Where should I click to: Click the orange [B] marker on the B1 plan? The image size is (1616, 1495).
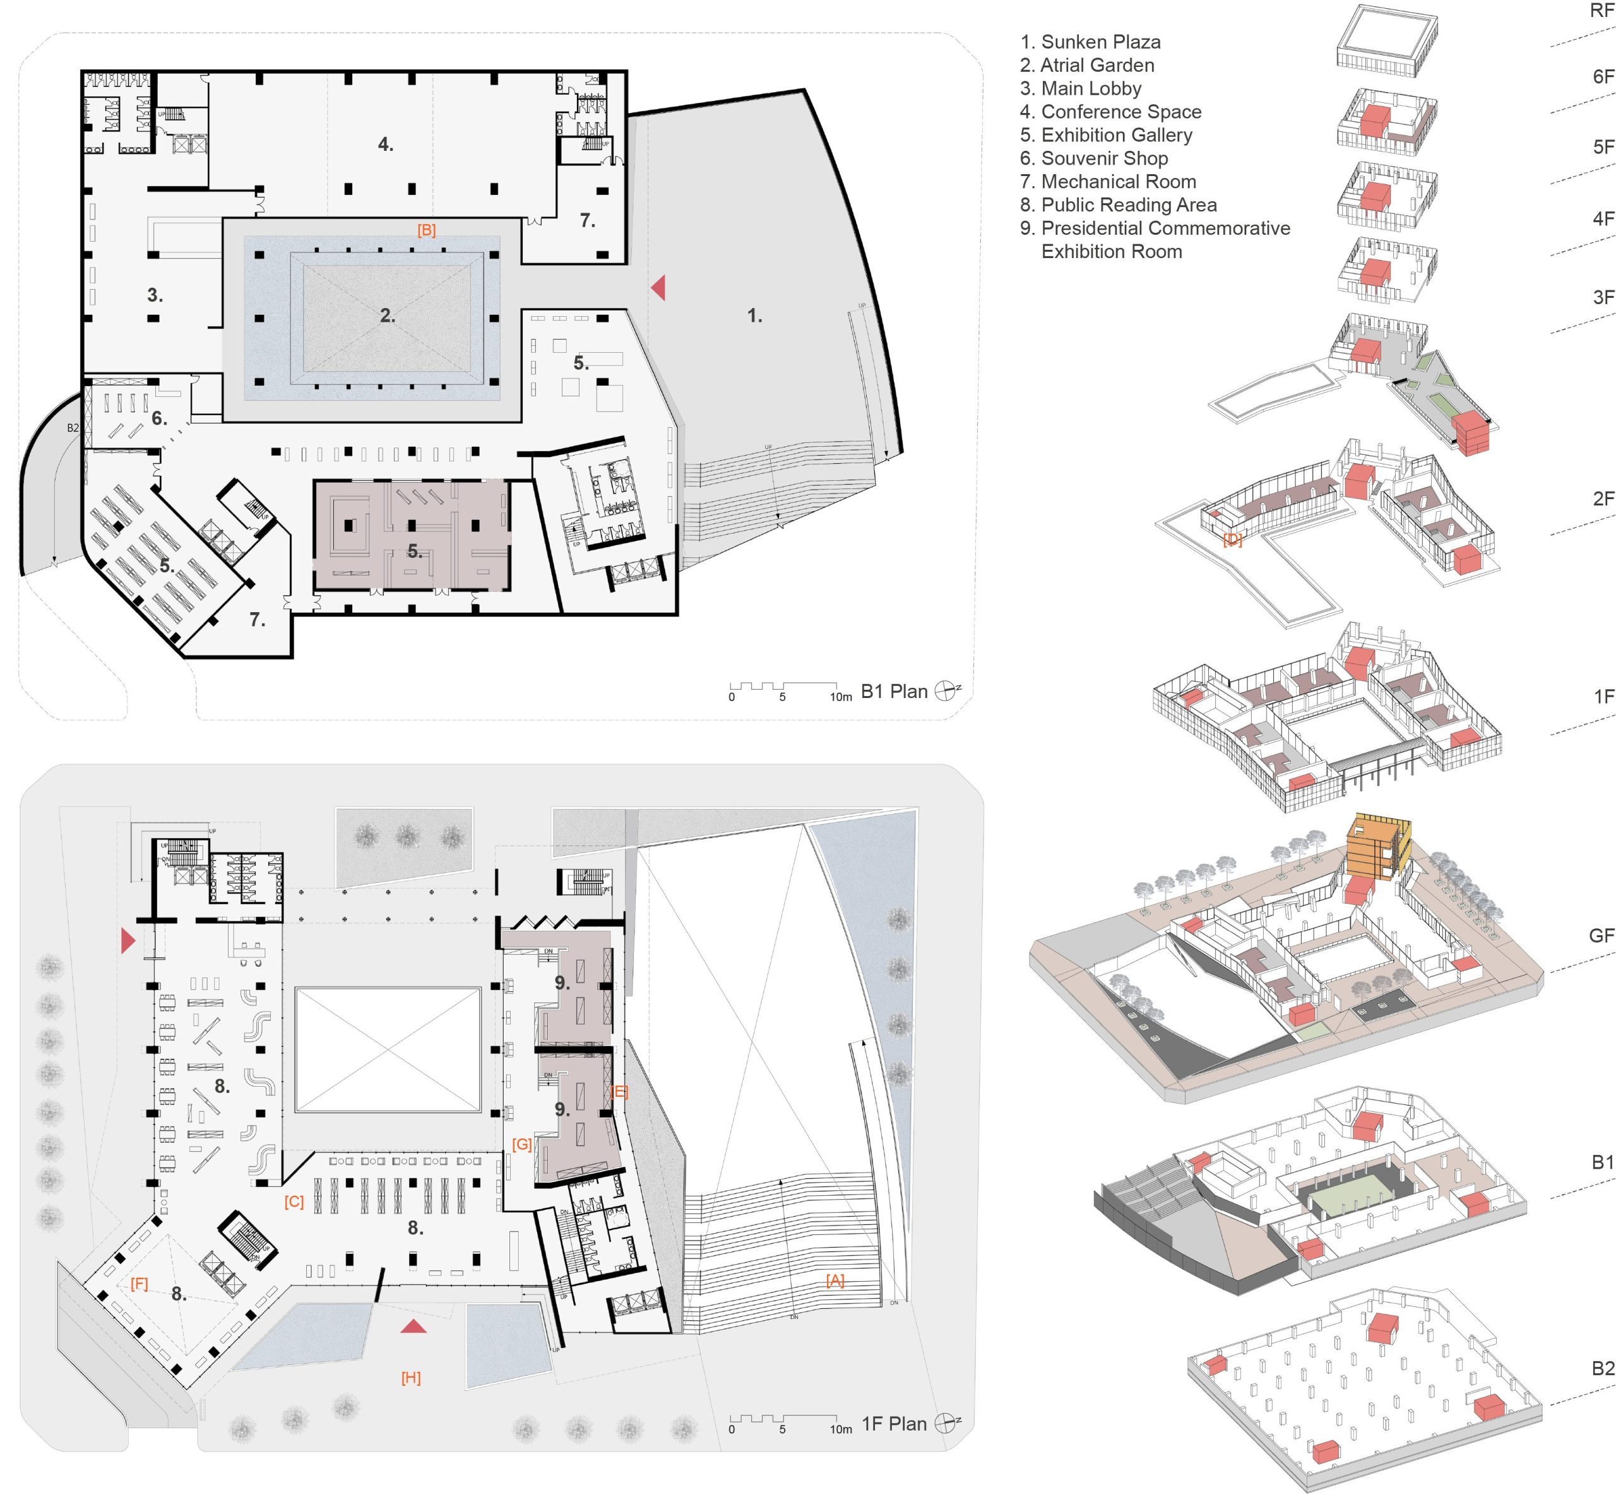427,230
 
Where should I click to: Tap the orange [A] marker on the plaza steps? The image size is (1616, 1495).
835,1280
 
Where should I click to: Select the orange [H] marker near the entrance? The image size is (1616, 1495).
411,1378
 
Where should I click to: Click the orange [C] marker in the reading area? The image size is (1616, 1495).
294,1202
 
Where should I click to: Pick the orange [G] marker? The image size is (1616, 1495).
522,1145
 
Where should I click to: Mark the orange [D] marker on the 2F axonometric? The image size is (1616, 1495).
1232,540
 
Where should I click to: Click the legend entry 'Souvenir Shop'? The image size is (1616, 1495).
1094,158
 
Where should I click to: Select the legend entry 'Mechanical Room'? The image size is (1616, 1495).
1108,182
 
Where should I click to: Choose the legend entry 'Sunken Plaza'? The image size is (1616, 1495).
1090,42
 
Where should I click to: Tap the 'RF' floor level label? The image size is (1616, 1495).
1601,11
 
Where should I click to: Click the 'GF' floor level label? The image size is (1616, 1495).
1601,936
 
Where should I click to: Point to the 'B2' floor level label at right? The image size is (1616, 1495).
1602,1368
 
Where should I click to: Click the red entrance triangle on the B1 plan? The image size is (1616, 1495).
658,287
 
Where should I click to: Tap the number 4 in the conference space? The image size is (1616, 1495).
385,145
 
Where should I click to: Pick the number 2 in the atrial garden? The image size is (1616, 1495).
388,316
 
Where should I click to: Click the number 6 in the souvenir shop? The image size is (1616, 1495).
158,419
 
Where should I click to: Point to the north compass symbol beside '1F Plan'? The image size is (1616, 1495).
945,1424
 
